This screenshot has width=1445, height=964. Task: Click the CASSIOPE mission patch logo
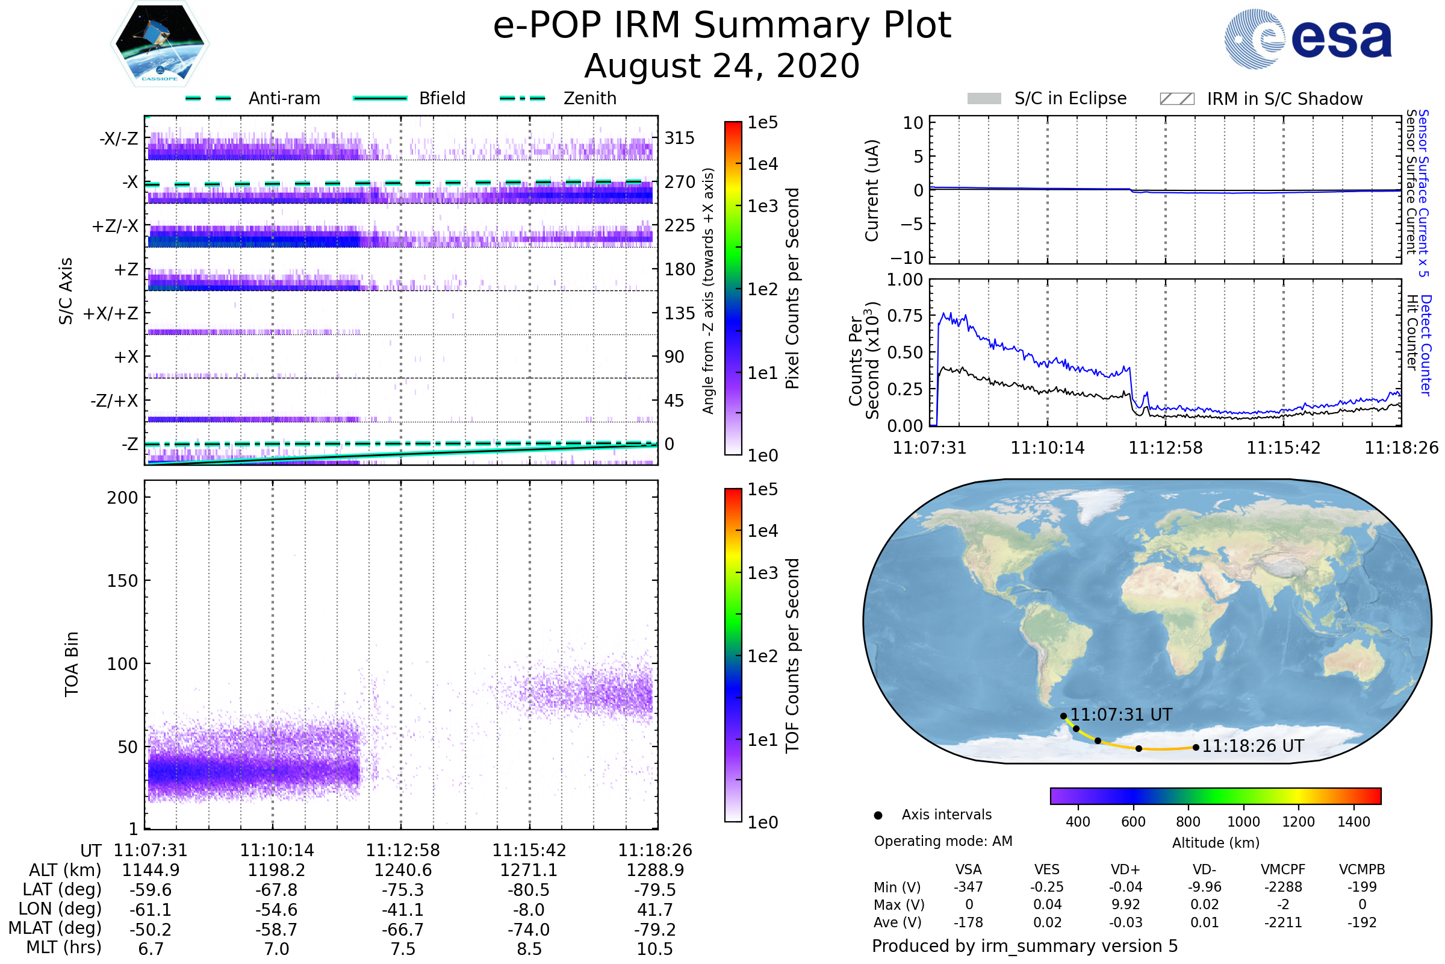[160, 43]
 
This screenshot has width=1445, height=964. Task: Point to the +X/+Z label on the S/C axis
[111, 313]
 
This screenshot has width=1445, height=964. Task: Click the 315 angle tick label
[679, 138]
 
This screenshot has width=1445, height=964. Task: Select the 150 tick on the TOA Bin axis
[122, 581]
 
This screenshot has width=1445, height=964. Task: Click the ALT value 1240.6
[403, 870]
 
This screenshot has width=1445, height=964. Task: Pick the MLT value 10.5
[655, 948]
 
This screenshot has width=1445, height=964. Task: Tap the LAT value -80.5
[529, 890]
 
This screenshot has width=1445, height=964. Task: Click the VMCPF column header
[1283, 869]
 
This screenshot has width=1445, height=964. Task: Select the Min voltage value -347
[968, 887]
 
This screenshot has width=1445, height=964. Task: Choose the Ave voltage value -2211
[1283, 922]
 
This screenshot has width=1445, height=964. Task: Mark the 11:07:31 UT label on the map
[1121, 715]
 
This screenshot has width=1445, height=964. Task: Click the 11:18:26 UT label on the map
[1253, 746]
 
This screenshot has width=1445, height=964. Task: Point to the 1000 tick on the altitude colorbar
[1243, 822]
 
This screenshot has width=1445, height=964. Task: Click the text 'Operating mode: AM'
[943, 841]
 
